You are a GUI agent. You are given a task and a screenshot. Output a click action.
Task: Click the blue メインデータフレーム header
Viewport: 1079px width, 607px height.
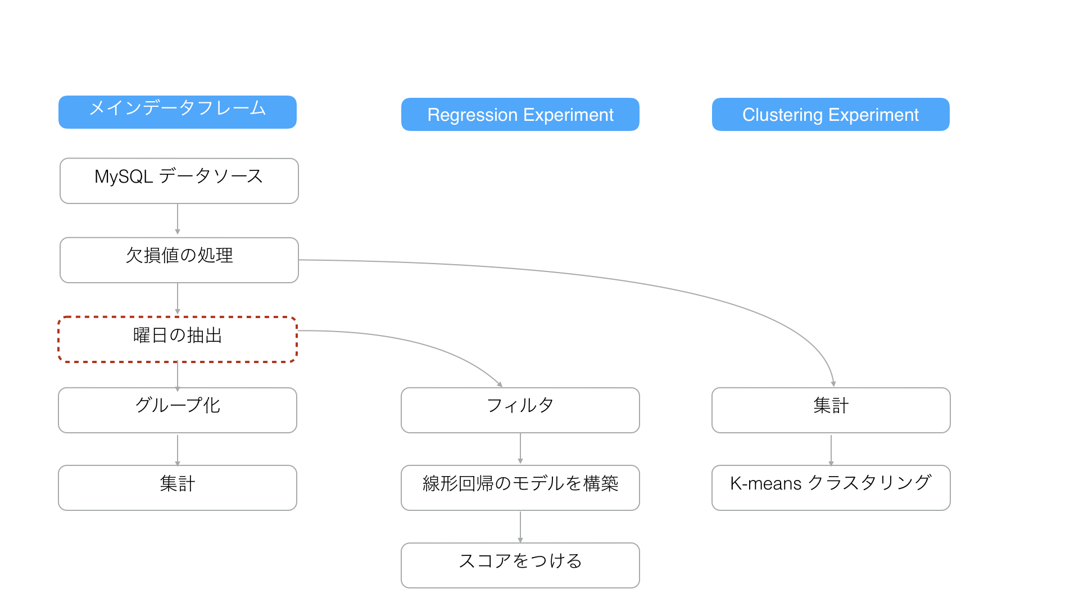178,112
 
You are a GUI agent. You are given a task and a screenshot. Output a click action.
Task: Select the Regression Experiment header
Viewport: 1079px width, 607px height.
520,115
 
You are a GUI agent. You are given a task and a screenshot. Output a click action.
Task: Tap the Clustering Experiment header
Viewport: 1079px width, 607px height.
831,115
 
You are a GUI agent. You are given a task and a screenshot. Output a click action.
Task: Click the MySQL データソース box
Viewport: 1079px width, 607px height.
179,181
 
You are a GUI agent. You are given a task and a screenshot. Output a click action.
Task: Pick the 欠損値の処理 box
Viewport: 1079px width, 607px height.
179,260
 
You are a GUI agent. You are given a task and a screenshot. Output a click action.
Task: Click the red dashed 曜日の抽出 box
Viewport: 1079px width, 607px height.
178,339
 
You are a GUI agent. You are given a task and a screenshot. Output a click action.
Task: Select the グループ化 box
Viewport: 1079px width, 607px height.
178,410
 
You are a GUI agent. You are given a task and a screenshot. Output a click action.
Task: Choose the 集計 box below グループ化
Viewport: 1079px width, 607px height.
178,488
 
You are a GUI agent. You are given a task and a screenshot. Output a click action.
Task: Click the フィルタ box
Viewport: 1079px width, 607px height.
520,410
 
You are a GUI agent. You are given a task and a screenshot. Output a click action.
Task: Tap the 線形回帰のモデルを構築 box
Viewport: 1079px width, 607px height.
520,488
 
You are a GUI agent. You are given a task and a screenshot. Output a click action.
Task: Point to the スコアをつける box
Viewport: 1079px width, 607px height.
520,565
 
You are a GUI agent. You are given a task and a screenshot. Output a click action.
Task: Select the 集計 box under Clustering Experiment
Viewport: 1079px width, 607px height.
831,410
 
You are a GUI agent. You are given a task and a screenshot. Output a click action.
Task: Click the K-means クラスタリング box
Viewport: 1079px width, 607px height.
831,488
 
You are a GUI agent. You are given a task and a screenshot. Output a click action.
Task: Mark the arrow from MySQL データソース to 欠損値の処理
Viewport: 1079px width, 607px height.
178,219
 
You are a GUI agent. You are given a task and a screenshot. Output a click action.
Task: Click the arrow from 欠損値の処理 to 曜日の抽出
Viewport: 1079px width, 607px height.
178,298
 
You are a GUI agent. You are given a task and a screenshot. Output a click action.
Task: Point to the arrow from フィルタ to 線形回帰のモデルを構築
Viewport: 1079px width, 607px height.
520,449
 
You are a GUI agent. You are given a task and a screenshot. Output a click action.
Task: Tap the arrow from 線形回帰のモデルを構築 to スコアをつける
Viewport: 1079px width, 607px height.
520,527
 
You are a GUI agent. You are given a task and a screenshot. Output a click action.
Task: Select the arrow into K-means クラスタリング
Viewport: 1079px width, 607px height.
831,450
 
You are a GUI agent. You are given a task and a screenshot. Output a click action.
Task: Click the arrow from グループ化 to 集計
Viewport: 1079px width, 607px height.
178,450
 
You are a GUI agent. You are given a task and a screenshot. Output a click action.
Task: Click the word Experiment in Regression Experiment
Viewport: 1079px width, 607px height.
568,115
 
